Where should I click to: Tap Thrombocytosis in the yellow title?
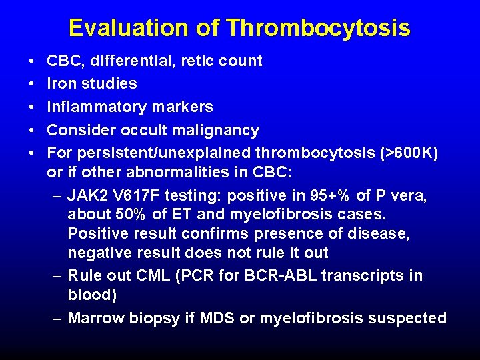pyautogui.click(x=318, y=28)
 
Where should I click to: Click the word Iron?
pyautogui.click(x=62, y=83)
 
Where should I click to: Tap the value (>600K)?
pyautogui.click(x=406, y=153)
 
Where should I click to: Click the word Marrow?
pyautogui.click(x=93, y=319)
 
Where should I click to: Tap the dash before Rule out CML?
pyautogui.click(x=57, y=275)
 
